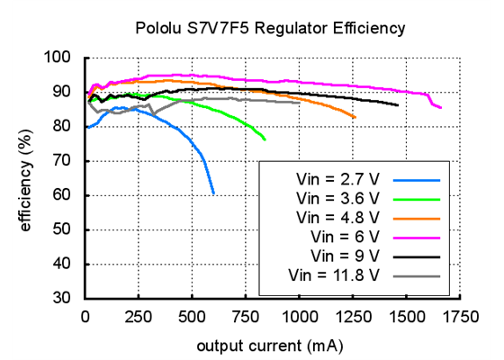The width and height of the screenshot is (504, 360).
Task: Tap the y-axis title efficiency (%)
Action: pyautogui.click(x=26, y=178)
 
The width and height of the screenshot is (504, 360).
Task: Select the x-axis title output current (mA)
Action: pyautogui.click(x=269, y=346)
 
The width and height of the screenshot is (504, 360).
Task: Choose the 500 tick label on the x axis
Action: pyautogui.click(x=193, y=317)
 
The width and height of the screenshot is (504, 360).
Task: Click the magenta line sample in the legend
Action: pyautogui.click(x=417, y=237)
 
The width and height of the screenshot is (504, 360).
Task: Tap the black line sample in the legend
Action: pyautogui.click(x=417, y=256)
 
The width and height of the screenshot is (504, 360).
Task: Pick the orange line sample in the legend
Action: pyautogui.click(x=417, y=217)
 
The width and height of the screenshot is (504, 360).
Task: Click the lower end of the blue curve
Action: pyautogui.click(x=213, y=193)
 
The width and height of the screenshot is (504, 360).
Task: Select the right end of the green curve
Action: pyautogui.click(x=265, y=139)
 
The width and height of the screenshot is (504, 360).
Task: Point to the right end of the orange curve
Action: pyautogui.click(x=355, y=118)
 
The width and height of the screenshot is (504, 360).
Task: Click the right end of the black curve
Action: pyautogui.click(x=398, y=105)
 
